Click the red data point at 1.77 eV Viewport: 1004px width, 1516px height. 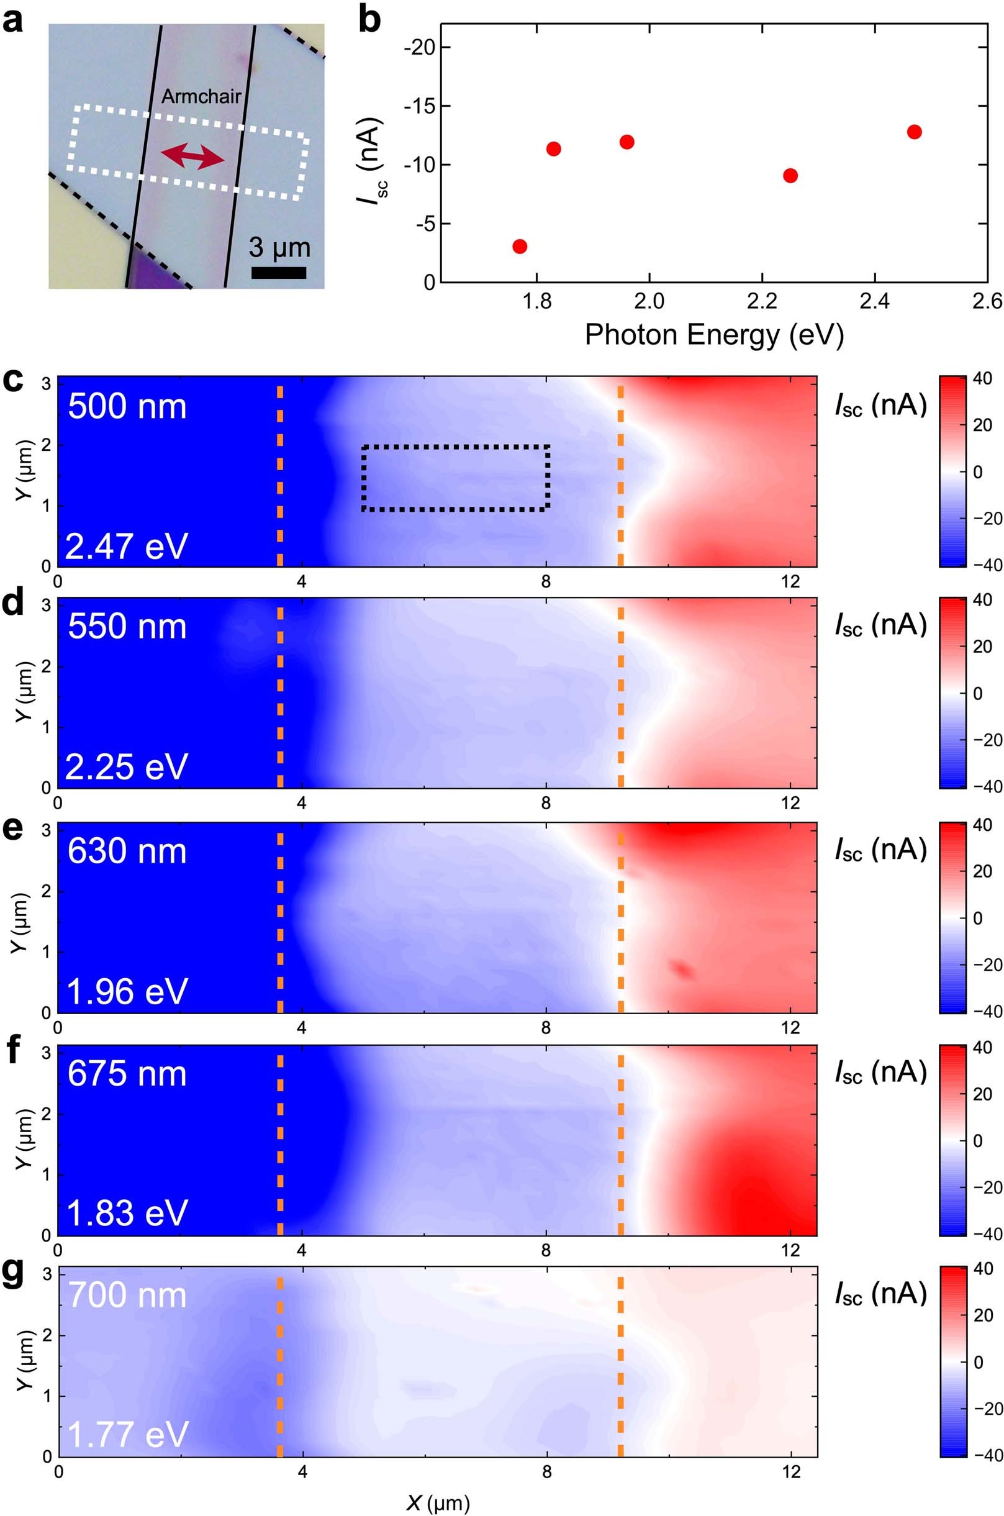(520, 247)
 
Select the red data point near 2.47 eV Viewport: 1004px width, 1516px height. (915, 132)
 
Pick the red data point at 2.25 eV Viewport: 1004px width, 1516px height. (790, 176)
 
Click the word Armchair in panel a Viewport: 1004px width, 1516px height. (201, 97)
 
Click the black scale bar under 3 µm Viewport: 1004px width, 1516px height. (279, 273)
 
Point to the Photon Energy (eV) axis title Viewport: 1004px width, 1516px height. (714, 335)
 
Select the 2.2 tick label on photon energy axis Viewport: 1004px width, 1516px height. (762, 303)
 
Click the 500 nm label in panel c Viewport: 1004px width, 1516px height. (127, 407)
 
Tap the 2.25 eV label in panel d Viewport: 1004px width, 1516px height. (127, 767)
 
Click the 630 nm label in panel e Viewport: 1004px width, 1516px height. (127, 852)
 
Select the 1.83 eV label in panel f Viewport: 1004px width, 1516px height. (127, 1213)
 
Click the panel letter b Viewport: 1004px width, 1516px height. (369, 19)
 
